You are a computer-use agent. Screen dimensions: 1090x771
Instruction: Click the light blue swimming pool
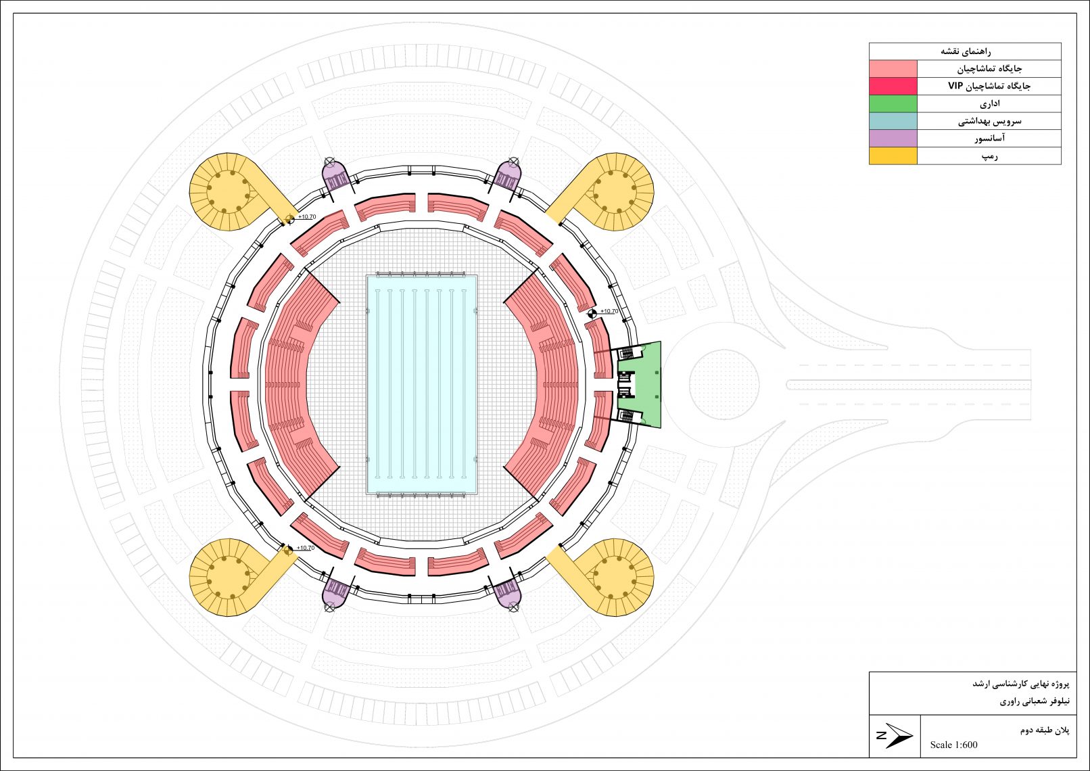click(x=421, y=385)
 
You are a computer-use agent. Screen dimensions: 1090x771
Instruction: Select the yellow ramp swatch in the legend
click(x=893, y=156)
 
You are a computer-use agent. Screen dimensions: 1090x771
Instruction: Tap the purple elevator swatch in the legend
click(x=893, y=139)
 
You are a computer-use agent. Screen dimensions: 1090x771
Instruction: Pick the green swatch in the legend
click(x=893, y=103)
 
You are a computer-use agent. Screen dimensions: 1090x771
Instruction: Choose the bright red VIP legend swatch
click(x=893, y=86)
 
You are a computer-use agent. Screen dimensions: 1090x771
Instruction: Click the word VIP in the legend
click(x=955, y=86)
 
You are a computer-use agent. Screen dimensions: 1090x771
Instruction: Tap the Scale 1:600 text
click(x=953, y=745)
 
